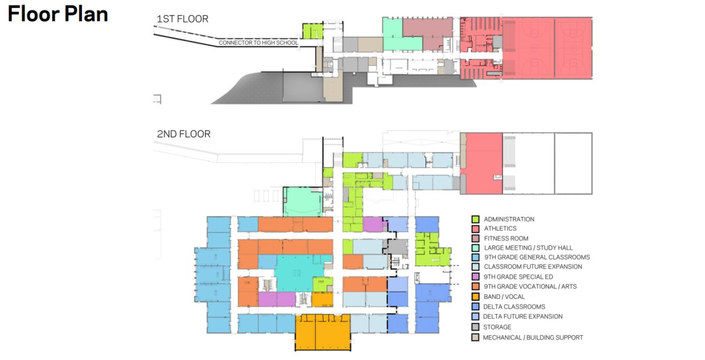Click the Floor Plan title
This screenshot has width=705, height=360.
coord(58,14)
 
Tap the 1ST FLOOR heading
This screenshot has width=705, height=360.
coord(182,19)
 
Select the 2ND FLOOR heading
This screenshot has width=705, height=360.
coord(183,134)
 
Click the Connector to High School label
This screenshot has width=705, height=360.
coord(258,43)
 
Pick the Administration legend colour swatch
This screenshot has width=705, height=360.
coord(475,219)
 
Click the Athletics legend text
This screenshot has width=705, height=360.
coord(500,229)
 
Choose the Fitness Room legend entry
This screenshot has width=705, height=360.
coord(506,238)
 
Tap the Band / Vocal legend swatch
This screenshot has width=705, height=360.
coord(475,296)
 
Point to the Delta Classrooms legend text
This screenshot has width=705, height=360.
coord(514,307)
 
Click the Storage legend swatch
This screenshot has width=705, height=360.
coord(475,327)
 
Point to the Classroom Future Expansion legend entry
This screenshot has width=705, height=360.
coord(532,267)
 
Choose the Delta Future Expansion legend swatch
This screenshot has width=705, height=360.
coord(475,317)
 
